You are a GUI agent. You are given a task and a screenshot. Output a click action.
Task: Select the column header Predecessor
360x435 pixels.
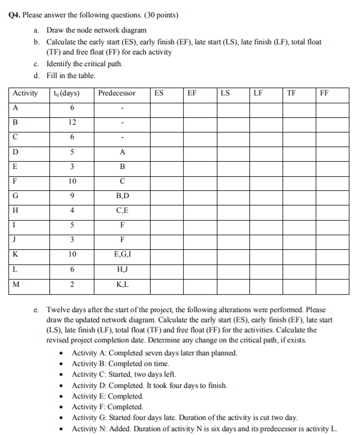pyautogui.click(x=116, y=93)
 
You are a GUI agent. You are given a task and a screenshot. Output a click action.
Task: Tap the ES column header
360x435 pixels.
pyautogui.click(x=159, y=93)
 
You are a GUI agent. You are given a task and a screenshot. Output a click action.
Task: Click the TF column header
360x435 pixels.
pyautogui.click(x=290, y=93)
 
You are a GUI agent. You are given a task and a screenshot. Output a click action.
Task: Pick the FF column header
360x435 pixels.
pyautogui.click(x=324, y=93)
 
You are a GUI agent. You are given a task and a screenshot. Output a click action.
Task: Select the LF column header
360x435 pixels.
pyautogui.click(x=258, y=93)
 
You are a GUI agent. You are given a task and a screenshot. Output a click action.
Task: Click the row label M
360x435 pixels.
pyautogui.click(x=16, y=284)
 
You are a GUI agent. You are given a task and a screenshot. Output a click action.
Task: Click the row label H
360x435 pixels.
pyautogui.click(x=15, y=210)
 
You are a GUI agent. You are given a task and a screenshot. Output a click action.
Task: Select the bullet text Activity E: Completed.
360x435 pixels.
pyautogui.click(x=108, y=396)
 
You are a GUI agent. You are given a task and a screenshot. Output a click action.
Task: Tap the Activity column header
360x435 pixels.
pyautogui.click(x=25, y=93)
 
